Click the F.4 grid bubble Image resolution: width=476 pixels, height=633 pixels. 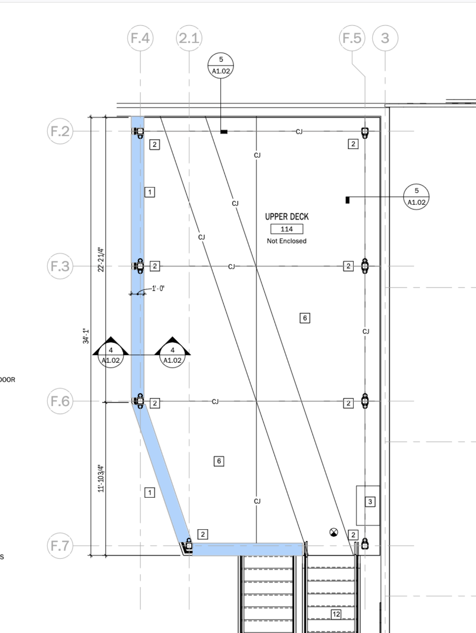tap(140, 38)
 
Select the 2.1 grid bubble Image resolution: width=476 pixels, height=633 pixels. tap(189, 38)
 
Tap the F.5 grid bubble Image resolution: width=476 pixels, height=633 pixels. tap(352, 38)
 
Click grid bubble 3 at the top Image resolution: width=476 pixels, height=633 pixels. tap(385, 38)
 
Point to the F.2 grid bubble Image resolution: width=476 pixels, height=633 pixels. tap(60, 131)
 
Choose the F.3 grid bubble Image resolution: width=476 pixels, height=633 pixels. tap(60, 266)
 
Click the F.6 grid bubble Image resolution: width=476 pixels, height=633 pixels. tap(60, 401)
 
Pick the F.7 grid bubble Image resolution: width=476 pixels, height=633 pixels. tap(60, 546)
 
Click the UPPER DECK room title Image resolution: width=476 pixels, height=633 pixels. tap(287, 217)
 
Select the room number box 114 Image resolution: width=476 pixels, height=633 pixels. tap(287, 229)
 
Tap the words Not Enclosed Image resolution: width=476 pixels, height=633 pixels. tap(287, 241)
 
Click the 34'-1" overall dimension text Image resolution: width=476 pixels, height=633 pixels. tap(86, 336)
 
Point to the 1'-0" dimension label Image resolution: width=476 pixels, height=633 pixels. tap(158, 289)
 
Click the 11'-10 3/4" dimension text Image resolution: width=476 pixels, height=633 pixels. tap(101, 478)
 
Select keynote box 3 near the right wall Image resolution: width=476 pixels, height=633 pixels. tap(370, 502)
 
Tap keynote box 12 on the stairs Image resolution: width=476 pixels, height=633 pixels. tap(336, 614)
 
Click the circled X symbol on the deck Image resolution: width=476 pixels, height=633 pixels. tap(334, 532)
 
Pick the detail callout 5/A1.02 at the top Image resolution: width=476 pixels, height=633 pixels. tap(221, 65)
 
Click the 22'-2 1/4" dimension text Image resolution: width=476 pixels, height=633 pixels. tap(101, 259)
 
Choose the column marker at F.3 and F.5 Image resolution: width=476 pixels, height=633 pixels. tap(365, 266)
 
